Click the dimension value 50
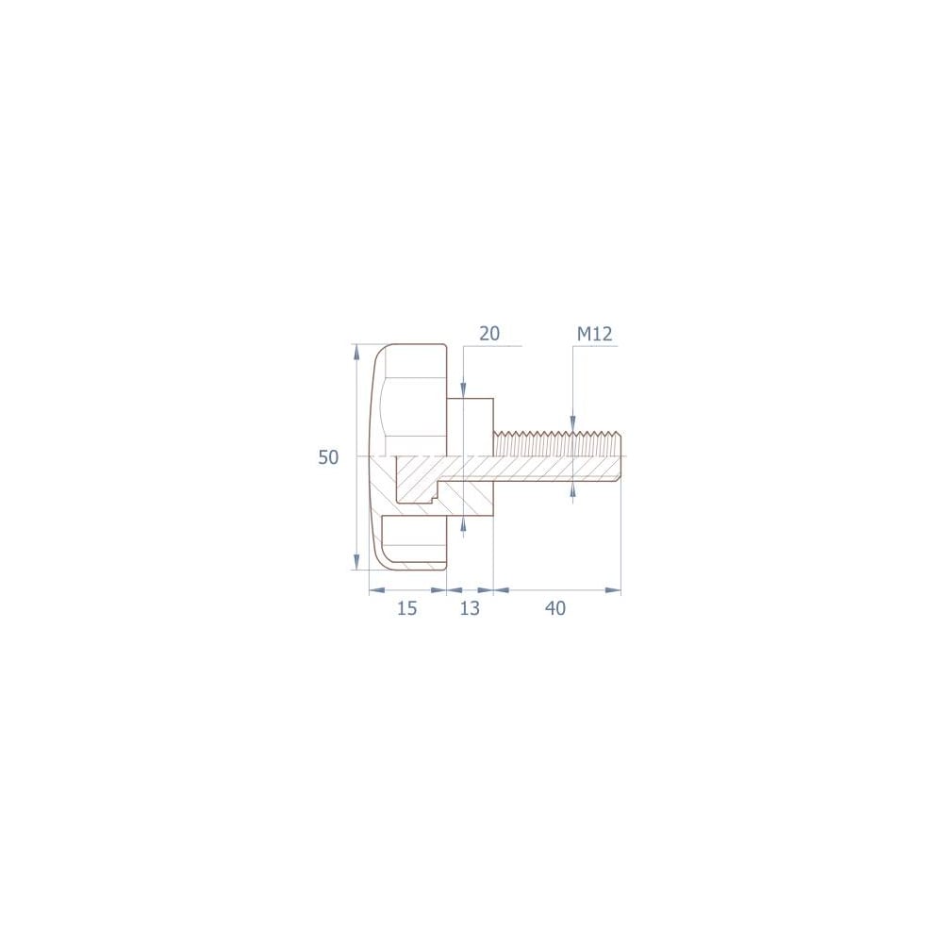328,457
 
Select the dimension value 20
489,333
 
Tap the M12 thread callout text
594,334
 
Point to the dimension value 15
407,608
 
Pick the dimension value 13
470,608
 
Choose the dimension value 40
555,608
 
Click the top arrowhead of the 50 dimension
356,352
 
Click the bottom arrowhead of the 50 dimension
356,562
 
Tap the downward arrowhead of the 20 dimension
462,390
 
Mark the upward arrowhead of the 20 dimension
462,524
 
